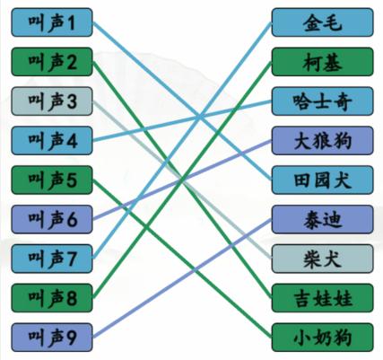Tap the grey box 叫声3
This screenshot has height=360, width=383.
52,100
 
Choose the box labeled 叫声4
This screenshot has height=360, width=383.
52,139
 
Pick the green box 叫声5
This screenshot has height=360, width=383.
52,179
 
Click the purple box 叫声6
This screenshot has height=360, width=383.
52,218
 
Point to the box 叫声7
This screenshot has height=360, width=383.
52,258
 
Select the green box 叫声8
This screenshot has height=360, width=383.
52,296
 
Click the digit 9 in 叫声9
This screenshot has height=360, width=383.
72,337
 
